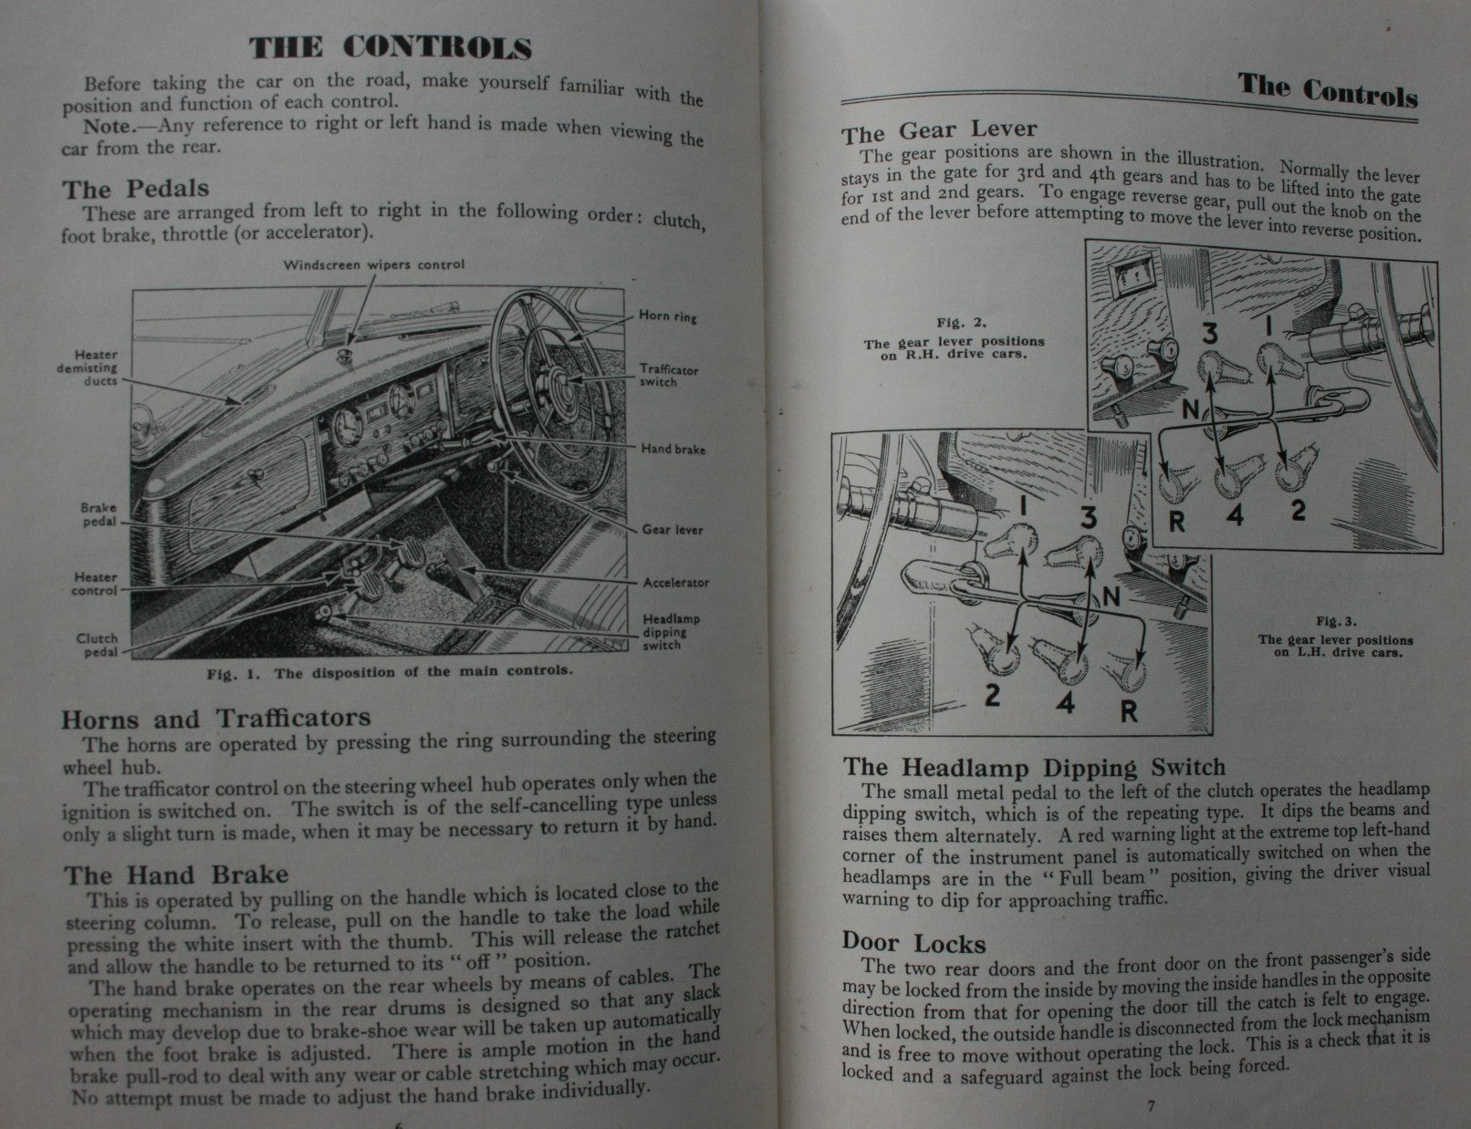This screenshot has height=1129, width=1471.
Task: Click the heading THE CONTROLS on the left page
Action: [x=391, y=48]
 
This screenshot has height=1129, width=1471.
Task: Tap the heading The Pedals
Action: [x=136, y=189]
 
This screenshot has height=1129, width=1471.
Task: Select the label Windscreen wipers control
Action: [x=373, y=265]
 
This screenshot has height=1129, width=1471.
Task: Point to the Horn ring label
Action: [x=668, y=316]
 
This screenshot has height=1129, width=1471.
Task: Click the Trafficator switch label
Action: [x=669, y=376]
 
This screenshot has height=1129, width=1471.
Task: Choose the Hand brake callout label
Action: [x=673, y=449]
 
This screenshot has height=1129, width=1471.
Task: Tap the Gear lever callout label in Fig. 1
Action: [x=673, y=529]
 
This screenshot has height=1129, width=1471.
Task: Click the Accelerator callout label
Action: [x=675, y=583]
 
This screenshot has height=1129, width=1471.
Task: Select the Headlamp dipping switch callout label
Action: [x=671, y=632]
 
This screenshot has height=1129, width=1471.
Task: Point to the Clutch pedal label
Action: [x=97, y=645]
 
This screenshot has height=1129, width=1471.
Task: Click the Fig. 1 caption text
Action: [x=390, y=672]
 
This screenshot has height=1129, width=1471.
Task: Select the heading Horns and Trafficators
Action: [x=215, y=719]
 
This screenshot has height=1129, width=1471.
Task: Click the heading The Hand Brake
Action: [x=175, y=875]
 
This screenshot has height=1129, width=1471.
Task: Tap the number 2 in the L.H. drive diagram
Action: [x=993, y=696]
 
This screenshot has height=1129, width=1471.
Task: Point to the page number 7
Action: [x=1151, y=1106]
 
